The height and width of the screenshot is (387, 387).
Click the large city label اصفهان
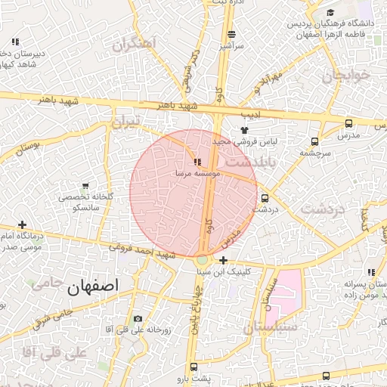pyautogui.click(x=93, y=286)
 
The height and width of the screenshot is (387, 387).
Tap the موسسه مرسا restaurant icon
pyautogui.click(x=197, y=162)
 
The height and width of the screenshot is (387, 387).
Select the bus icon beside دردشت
pyautogui.click(x=264, y=198)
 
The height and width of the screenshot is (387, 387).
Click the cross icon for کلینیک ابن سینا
pyautogui.click(x=223, y=260)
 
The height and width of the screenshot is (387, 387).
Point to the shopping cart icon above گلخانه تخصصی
pyautogui.click(x=85, y=185)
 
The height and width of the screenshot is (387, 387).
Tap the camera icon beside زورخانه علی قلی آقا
pyautogui.click(x=137, y=319)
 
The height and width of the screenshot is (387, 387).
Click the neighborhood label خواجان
pyautogui.click(x=348, y=76)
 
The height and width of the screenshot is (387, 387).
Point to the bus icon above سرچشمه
pyautogui.click(x=314, y=141)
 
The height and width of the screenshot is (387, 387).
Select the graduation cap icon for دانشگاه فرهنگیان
pyautogui.click(x=330, y=13)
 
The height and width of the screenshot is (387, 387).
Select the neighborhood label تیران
pyautogui.click(x=126, y=122)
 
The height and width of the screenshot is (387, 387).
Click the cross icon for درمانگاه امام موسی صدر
pyautogui.click(x=22, y=224)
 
